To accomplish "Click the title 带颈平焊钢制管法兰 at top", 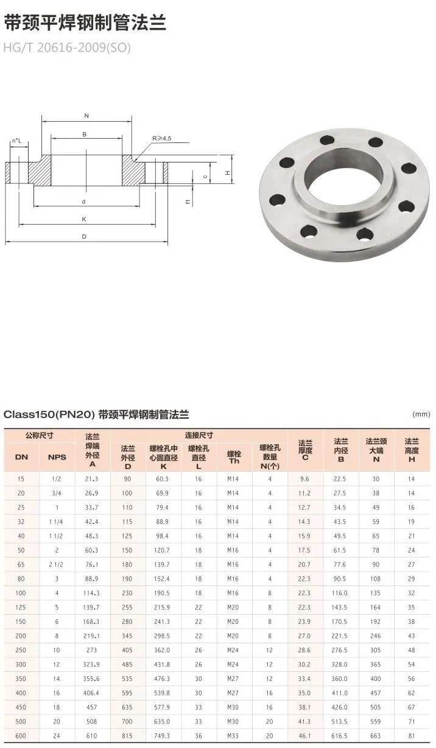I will pyautogui.click(x=85, y=23).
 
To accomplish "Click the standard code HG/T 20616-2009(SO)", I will pyautogui.click(x=67, y=47).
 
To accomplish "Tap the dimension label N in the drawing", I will pyautogui.click(x=86, y=115).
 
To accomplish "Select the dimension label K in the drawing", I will pyautogui.click(x=85, y=219).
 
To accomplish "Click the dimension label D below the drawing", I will pyautogui.click(x=84, y=237).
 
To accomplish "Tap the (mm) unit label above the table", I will pyautogui.click(x=421, y=414).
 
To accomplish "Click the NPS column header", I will pyautogui.click(x=57, y=457).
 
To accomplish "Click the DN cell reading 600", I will pyautogui.click(x=21, y=736).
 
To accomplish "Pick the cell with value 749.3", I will pyautogui.click(x=163, y=736).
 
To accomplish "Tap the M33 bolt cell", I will pyautogui.click(x=234, y=736).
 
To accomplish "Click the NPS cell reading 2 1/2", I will pyautogui.click(x=57, y=564).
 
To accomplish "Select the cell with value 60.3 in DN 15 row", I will pyautogui.click(x=163, y=479).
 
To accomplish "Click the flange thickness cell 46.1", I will pyautogui.click(x=305, y=736).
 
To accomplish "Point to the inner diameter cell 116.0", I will pyautogui.click(x=340, y=592).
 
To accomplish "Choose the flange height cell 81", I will pyautogui.click(x=412, y=736).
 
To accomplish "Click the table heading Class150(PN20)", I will pyautogui.click(x=49, y=414).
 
